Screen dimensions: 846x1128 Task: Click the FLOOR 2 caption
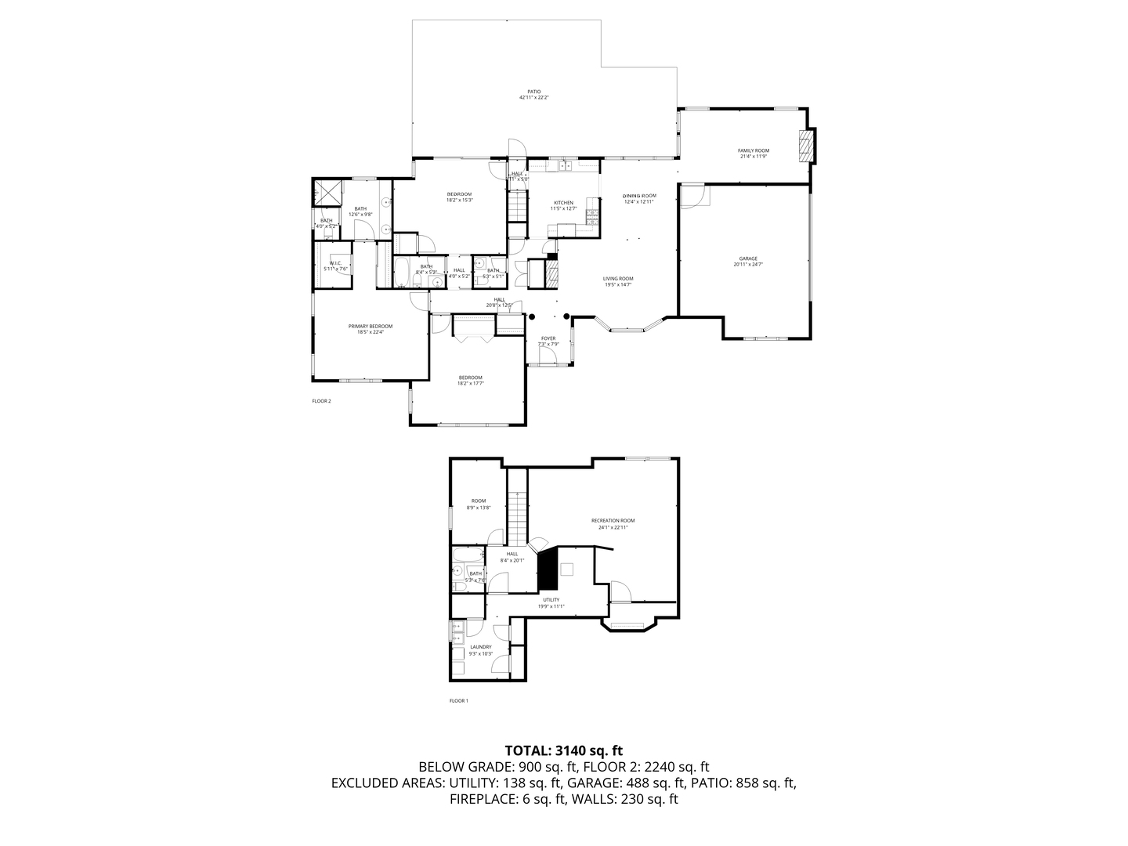pyautogui.click(x=321, y=401)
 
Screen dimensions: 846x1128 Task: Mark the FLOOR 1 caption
pyautogui.click(x=458, y=700)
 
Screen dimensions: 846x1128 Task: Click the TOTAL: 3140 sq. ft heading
pyautogui.click(x=563, y=750)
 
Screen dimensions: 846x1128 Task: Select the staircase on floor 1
pyautogui.click(x=516, y=517)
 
